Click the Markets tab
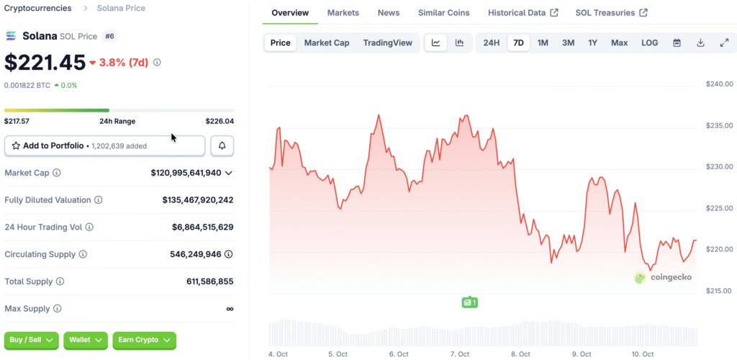[x=343, y=13]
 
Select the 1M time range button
[x=543, y=43]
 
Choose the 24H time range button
[x=492, y=43]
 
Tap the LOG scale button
[x=649, y=43]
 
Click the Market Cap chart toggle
[x=327, y=43]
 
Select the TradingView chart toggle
[x=388, y=43]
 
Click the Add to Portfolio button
[x=105, y=146]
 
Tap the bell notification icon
[x=222, y=146]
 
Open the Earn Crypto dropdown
[x=145, y=340]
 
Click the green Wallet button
[x=86, y=340]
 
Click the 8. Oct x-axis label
[x=520, y=354]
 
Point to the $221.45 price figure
[x=45, y=63]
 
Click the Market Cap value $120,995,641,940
[x=186, y=173]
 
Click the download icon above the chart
[x=700, y=43]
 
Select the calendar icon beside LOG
[x=677, y=43]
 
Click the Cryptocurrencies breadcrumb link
[x=38, y=9]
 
